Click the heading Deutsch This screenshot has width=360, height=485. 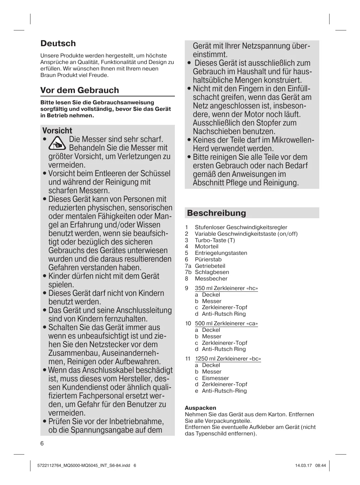point(58,43)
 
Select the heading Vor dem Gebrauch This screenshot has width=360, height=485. point(79,90)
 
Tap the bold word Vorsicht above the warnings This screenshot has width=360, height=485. point(57,131)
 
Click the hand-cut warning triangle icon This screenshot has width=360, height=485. point(57,144)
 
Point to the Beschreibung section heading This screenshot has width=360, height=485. point(216,213)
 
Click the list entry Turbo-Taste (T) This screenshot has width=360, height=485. point(215,240)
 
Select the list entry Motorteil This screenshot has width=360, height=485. point(206,247)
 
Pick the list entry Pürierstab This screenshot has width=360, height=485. point(208,260)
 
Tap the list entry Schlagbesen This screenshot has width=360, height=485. point(212,272)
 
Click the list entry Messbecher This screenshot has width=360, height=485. point(211,279)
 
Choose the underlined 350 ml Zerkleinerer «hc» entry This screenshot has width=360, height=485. point(226,288)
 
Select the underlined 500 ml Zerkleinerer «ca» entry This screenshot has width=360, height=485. point(226,324)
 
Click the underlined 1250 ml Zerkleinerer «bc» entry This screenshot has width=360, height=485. point(228,359)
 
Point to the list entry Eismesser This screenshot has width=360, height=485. point(215,378)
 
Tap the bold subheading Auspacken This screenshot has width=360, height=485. point(201,408)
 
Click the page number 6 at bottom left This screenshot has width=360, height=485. point(42,444)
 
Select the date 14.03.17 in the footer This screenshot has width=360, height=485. point(303,466)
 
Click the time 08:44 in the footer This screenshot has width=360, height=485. point(321,466)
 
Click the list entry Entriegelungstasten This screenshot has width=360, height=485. point(221,253)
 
